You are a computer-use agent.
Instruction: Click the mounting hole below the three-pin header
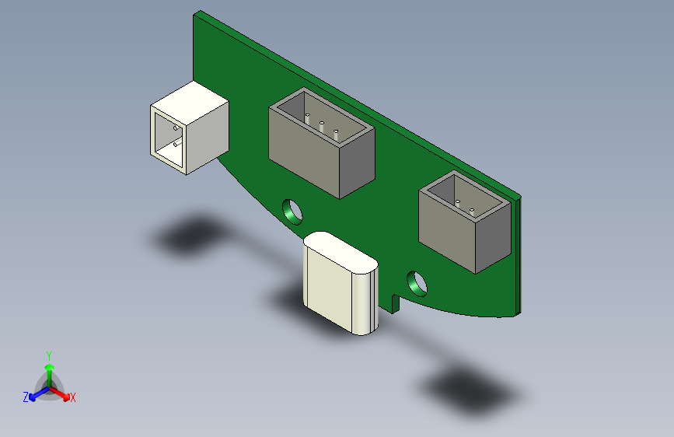pyautogui.click(x=292, y=210)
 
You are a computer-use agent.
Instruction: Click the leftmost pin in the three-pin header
pyautogui.click(x=309, y=119)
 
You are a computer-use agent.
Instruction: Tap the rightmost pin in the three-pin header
pyautogui.click(x=336, y=133)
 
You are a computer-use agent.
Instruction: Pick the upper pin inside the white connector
pyautogui.click(x=176, y=128)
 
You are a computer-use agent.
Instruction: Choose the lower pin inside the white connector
pyautogui.click(x=176, y=144)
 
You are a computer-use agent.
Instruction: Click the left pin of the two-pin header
pyautogui.click(x=459, y=203)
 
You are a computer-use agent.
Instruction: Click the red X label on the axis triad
pyautogui.click(x=73, y=398)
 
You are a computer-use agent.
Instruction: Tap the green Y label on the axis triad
pyautogui.click(x=48, y=355)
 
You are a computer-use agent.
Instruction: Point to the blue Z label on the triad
pyautogui.click(x=26, y=397)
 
